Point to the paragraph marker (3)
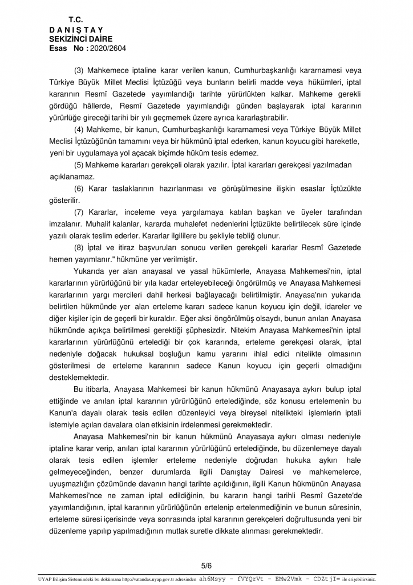click(x=80, y=70)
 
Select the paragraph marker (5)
click(x=80, y=165)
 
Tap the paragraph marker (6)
click(x=80, y=189)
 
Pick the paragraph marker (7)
click(x=80, y=213)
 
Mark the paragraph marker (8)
click(x=80, y=248)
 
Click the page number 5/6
click(x=206, y=565)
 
